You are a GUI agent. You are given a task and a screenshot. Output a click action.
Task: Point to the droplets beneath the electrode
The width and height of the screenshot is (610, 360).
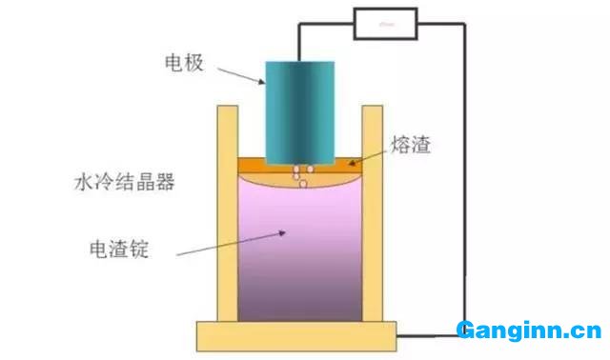click(x=301, y=174)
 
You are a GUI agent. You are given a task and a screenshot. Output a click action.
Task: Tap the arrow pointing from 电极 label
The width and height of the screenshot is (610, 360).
click(x=238, y=72)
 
